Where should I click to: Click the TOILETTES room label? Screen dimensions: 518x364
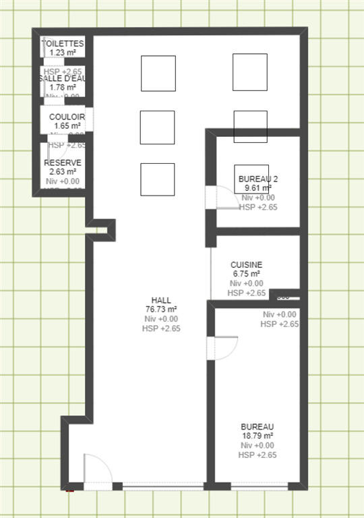click(63, 43)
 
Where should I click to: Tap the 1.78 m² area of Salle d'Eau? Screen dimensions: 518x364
click(63, 87)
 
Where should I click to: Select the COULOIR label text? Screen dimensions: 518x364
click(67, 117)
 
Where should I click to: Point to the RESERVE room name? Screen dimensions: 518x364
click(63, 163)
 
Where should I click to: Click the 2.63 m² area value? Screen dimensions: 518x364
click(63, 172)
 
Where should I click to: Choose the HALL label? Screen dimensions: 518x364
click(161, 300)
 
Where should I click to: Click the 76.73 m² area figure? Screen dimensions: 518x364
click(161, 310)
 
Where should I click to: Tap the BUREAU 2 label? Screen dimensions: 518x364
click(258, 179)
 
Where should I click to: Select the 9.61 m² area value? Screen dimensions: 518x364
click(258, 189)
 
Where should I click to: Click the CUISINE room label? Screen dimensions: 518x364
click(246, 265)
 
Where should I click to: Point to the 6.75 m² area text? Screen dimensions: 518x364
click(246, 275)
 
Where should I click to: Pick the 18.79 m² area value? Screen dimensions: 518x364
click(257, 436)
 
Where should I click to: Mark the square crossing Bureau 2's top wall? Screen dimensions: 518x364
click(250, 126)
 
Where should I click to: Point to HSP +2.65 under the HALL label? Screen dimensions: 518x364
click(161, 328)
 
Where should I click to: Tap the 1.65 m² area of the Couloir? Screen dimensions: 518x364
click(67, 125)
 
